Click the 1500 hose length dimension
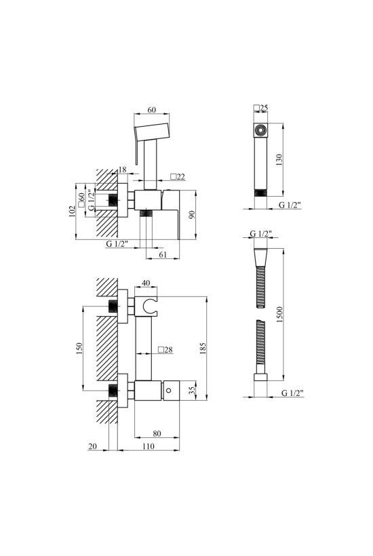[x=279, y=315]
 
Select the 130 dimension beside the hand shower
[x=279, y=160]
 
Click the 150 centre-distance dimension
[x=79, y=349]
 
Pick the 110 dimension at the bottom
[x=149, y=446]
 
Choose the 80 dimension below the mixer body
[x=157, y=433]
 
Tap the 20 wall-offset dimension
[x=92, y=446]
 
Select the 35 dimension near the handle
[x=192, y=391]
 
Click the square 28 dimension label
[x=165, y=350]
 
